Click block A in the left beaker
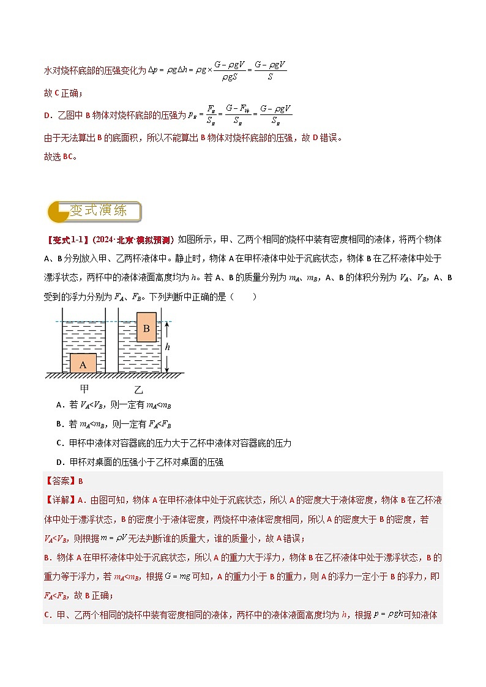tap(83, 363)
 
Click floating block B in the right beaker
tap(146, 329)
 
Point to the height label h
tap(168, 347)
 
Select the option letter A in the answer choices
tap(59, 404)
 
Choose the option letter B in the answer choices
tap(59, 423)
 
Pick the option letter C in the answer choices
tap(59, 443)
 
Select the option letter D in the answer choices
tap(59, 462)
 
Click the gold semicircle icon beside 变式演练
tap(57, 212)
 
